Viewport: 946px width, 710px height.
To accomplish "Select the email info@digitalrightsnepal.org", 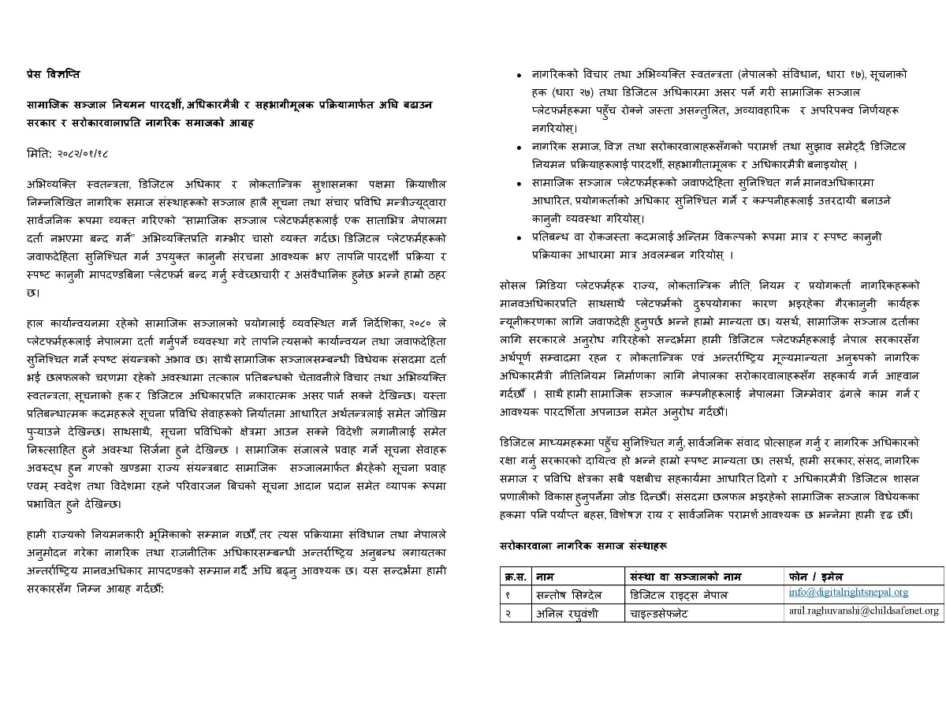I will click(x=847, y=592).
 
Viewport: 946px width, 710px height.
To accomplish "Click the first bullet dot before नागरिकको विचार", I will click(x=518, y=76).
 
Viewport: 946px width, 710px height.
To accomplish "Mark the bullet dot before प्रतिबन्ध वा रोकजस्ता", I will click(x=518, y=237).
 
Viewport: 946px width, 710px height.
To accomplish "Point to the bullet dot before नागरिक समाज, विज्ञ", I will click(x=518, y=148).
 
